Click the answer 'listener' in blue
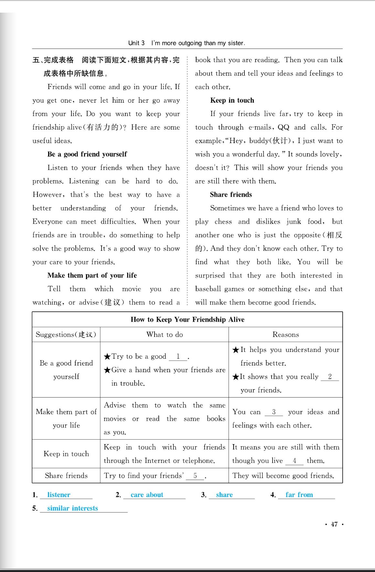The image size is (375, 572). click(x=59, y=495)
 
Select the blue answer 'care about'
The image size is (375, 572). click(x=147, y=495)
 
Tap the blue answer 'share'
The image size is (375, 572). click(x=224, y=495)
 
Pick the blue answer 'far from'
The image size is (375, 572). click(x=299, y=495)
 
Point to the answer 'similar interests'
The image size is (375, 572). click(x=72, y=508)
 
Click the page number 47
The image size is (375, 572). click(x=334, y=524)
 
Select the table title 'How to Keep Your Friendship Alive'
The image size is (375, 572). click(x=187, y=320)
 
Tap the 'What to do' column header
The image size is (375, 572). click(x=165, y=334)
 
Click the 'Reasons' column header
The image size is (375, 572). click(x=285, y=334)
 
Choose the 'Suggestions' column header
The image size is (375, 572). click(x=66, y=334)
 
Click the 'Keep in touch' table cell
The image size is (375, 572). click(x=66, y=454)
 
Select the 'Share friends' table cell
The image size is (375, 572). click(x=66, y=476)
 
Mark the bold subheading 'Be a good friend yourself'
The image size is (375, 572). click(x=87, y=154)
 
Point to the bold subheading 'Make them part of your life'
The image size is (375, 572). click(x=92, y=275)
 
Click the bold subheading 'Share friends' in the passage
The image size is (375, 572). click(x=231, y=195)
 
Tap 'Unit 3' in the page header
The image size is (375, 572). click(x=136, y=43)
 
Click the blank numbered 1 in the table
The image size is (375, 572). click(x=178, y=357)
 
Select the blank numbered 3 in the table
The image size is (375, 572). click(x=274, y=412)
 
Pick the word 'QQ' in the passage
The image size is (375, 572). click(x=284, y=127)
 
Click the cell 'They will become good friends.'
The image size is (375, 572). click(x=283, y=476)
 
